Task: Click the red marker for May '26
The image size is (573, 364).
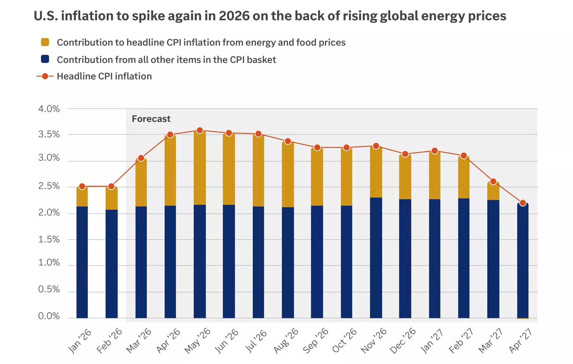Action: pyautogui.click(x=200, y=131)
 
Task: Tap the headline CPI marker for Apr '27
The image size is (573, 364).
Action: pyautogui.click(x=523, y=203)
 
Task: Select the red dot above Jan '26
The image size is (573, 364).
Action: pyautogui.click(x=82, y=186)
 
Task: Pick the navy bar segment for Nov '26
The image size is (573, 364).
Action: pyautogui.click(x=376, y=258)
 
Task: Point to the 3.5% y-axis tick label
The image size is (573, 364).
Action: pyautogui.click(x=49, y=135)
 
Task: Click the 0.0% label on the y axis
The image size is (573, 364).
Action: pyautogui.click(x=49, y=316)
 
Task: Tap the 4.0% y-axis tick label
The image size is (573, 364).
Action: pyautogui.click(x=49, y=109)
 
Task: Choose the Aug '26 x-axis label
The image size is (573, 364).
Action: pyautogui.click(x=286, y=341)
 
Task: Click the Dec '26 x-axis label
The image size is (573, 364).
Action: pyautogui.click(x=403, y=341)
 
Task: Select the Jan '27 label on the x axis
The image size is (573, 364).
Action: pyautogui.click(x=432, y=341)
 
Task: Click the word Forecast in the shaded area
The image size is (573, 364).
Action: pyautogui.click(x=151, y=119)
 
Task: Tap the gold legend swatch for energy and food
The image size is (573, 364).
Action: pyautogui.click(x=45, y=42)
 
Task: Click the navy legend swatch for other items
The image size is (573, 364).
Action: pyautogui.click(x=45, y=59)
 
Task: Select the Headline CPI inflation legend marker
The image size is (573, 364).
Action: pyautogui.click(x=45, y=76)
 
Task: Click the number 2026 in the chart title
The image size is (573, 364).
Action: pyautogui.click(x=234, y=16)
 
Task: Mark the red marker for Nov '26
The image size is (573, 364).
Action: pyautogui.click(x=376, y=146)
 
